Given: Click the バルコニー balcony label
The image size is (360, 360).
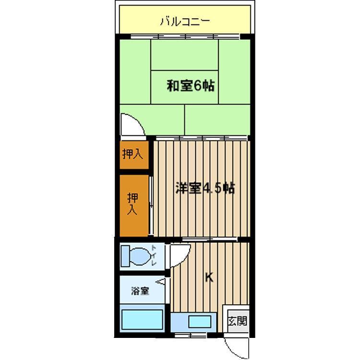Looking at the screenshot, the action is [x=185, y=22].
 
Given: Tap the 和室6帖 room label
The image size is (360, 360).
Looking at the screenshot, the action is [x=191, y=86].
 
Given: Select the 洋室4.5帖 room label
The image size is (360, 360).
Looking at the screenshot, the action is [x=205, y=188].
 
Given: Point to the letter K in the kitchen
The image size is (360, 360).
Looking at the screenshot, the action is [x=209, y=277].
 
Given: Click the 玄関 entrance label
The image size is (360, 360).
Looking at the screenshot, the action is [x=238, y=321].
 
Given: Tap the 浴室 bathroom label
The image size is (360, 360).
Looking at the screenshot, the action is [x=140, y=291].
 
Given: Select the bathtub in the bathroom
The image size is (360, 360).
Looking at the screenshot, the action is [x=143, y=319].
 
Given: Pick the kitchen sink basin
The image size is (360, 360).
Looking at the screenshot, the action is [x=200, y=322].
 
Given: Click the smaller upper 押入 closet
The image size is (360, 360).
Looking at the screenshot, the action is [x=134, y=155].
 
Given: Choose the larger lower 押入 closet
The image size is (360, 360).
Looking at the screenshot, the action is [x=134, y=205].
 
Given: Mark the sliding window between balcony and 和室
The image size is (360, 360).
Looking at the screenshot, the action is [x=185, y=36].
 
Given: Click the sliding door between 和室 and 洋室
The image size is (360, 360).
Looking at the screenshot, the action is [x=202, y=138].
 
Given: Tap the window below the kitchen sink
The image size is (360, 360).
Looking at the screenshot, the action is [x=191, y=336].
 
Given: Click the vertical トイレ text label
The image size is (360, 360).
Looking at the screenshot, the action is [x=154, y=255].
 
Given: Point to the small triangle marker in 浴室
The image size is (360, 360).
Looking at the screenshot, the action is [x=161, y=281].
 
